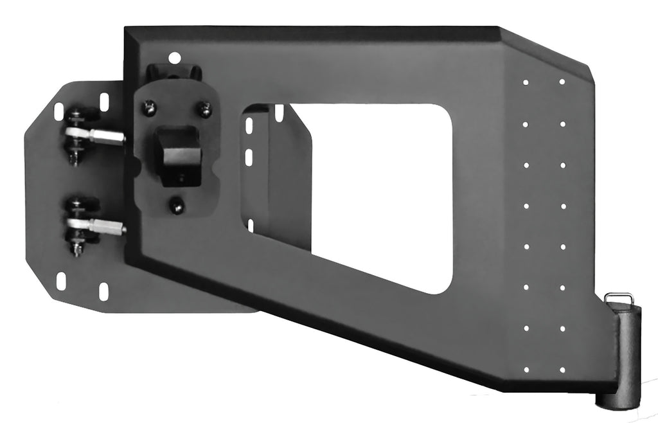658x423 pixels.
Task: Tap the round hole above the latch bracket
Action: pyautogui.click(x=172, y=57)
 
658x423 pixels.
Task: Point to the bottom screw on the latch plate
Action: pyautogui.click(x=176, y=206)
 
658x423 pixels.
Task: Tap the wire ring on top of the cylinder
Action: pyautogui.click(x=618, y=298)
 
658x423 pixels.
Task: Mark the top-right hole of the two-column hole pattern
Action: pyautogui.click(x=562, y=82)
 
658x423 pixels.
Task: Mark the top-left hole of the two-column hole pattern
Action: pyautogui.click(x=526, y=82)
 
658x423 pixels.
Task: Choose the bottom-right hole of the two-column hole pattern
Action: pyautogui.click(x=562, y=370)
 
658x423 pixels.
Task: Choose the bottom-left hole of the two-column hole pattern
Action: pyautogui.click(x=526, y=370)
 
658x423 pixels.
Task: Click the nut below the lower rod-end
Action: pyautogui.click(x=76, y=248)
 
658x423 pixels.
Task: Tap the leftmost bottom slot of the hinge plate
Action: pyautogui.click(x=61, y=281)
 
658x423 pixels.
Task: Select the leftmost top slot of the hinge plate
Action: pyautogui.click(x=59, y=111)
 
